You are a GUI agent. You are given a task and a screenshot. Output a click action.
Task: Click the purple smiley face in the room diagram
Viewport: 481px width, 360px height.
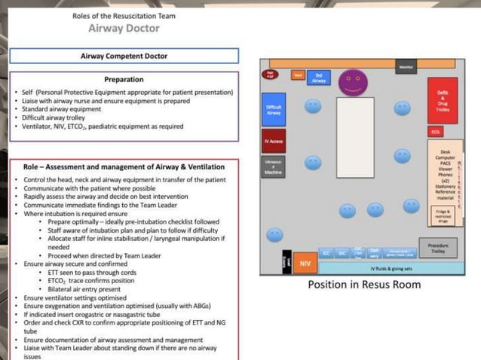(351, 81)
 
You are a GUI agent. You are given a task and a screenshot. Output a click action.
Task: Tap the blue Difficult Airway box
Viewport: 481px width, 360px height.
(274, 110)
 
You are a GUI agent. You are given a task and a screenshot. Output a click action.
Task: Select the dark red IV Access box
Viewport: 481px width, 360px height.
(274, 141)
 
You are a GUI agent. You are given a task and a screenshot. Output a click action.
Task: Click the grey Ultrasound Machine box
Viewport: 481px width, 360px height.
(273, 167)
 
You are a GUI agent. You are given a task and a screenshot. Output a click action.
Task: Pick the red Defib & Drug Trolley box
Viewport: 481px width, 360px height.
(442, 101)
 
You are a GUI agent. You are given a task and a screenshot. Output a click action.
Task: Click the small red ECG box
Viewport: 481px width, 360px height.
(436, 132)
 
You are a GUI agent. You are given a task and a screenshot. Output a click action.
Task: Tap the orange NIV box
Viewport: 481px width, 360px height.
(305, 264)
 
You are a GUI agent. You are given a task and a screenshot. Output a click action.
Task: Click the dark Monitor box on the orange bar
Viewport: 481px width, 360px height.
(406, 68)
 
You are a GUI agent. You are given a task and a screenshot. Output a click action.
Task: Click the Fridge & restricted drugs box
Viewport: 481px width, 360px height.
(443, 215)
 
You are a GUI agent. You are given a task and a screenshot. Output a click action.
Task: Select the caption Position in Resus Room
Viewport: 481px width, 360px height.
(364, 285)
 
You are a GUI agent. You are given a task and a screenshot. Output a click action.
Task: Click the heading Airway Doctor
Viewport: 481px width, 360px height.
(124, 29)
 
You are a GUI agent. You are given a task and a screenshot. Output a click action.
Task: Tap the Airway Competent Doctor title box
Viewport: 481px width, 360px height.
(124, 56)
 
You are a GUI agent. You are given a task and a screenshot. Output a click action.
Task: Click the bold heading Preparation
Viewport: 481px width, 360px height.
(124, 79)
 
